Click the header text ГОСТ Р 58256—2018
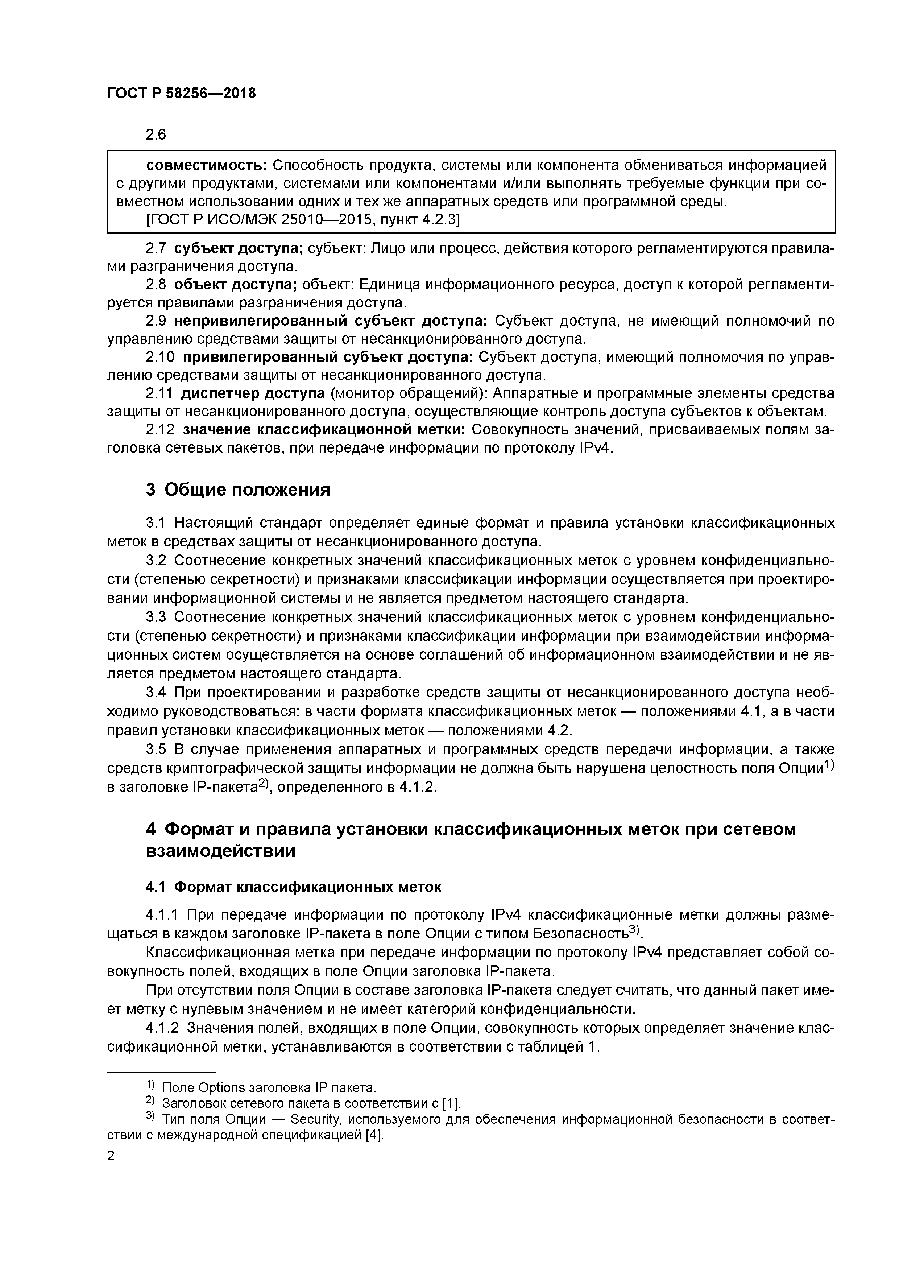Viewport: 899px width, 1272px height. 181,94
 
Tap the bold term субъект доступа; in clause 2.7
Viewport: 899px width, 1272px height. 239,249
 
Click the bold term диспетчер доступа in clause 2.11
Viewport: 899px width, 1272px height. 253,393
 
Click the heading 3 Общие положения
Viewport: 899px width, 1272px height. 238,490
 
